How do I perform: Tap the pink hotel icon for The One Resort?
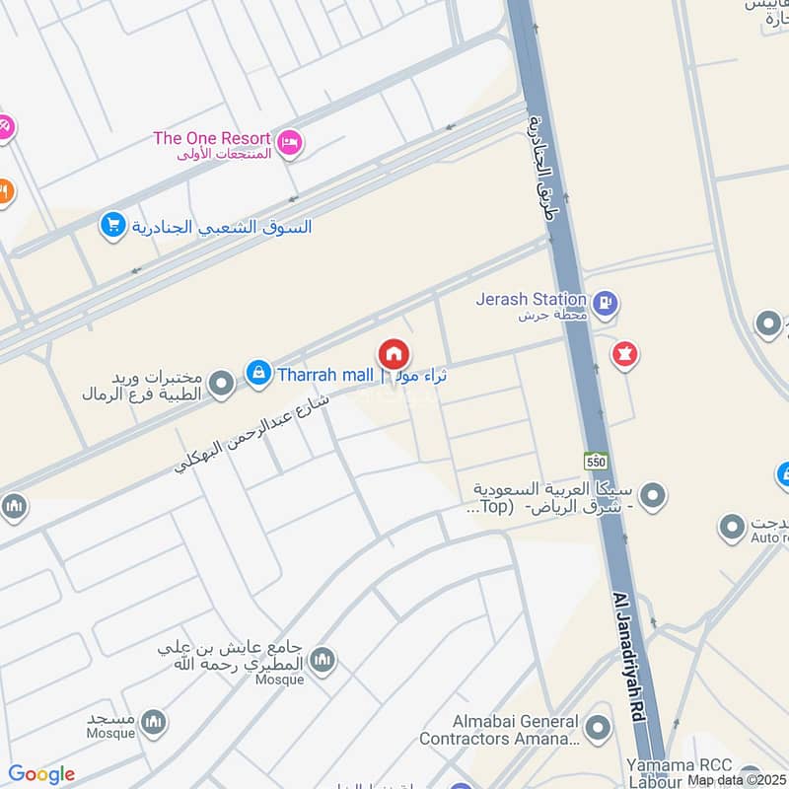[x=290, y=143]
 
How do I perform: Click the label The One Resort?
[x=211, y=138]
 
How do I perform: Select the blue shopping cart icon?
[x=113, y=226]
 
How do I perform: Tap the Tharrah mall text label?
[x=325, y=375]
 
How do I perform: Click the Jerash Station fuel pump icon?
[x=607, y=303]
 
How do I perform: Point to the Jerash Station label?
[x=532, y=298]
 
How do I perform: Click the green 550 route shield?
[x=595, y=461]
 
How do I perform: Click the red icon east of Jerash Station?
[x=623, y=353]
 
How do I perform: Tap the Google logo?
[x=41, y=774]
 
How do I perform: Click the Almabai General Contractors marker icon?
[x=597, y=730]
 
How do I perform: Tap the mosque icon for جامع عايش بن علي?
[x=323, y=660]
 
